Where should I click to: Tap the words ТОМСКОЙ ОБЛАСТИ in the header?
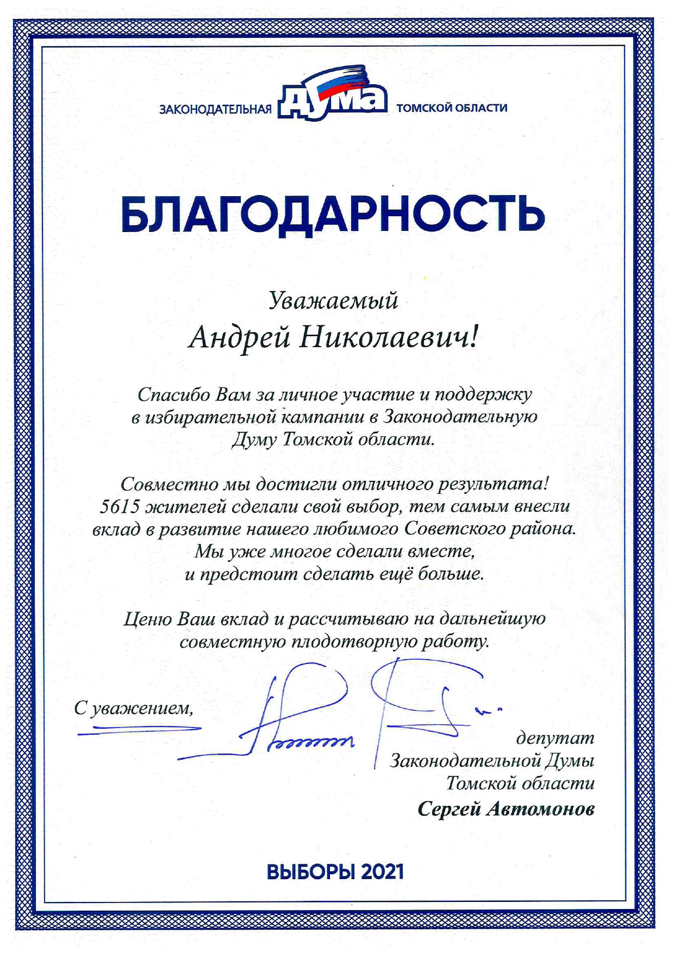452,108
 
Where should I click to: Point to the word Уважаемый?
334,300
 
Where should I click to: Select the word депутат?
555,738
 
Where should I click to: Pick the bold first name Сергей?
449,809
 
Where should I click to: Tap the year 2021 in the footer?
382,872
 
